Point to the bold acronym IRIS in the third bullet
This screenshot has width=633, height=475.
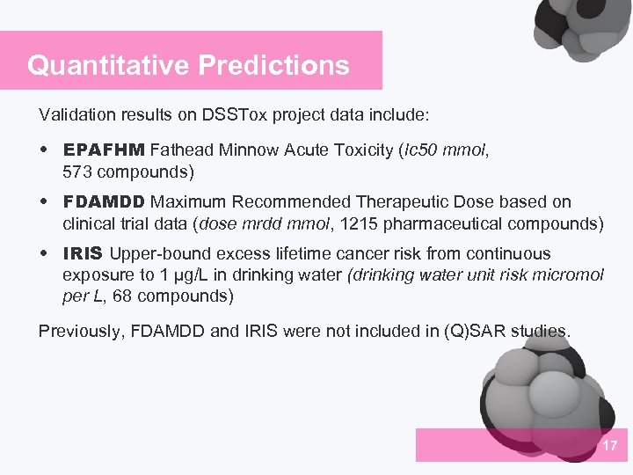tap(83, 254)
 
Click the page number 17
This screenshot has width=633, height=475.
tap(610, 446)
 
